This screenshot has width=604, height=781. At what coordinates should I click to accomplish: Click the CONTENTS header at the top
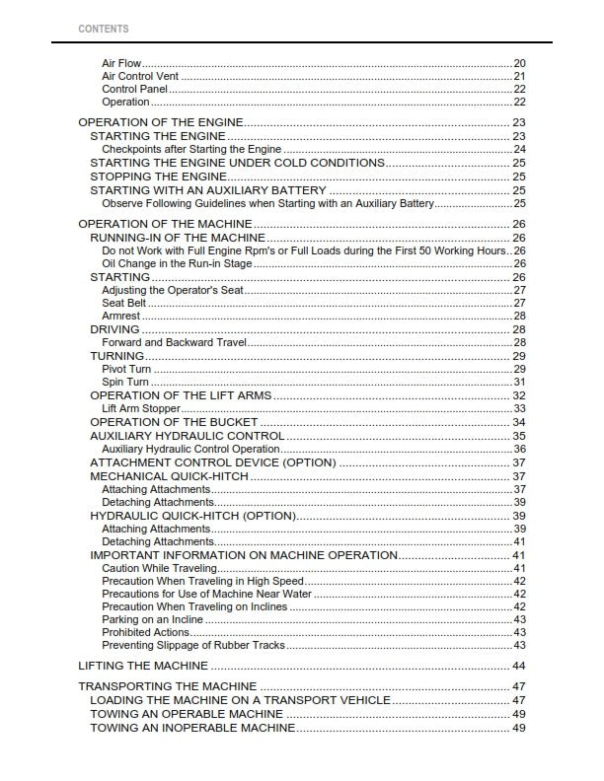pos(103,29)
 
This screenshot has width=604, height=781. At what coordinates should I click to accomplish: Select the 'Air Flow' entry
pos(121,63)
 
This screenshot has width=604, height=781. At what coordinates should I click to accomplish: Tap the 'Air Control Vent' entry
pos(139,76)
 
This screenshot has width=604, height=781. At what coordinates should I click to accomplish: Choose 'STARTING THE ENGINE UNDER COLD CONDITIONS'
pos(237,163)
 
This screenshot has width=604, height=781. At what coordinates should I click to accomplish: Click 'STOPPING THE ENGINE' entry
pos(158,177)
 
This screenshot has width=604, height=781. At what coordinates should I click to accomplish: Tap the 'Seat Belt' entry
pos(124,304)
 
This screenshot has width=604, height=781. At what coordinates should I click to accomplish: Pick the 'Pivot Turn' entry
pos(125,369)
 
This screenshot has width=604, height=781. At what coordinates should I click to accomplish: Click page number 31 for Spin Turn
pos(518,382)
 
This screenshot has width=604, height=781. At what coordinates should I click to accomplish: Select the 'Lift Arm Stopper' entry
pos(141,408)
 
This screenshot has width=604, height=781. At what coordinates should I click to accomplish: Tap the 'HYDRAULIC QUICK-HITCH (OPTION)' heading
pos(192,516)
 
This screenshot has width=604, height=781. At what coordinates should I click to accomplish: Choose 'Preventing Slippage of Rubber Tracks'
pos(193,645)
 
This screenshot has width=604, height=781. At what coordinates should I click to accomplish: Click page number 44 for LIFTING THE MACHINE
pos(518,667)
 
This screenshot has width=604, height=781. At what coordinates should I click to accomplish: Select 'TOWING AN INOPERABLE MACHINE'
pos(192,728)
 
